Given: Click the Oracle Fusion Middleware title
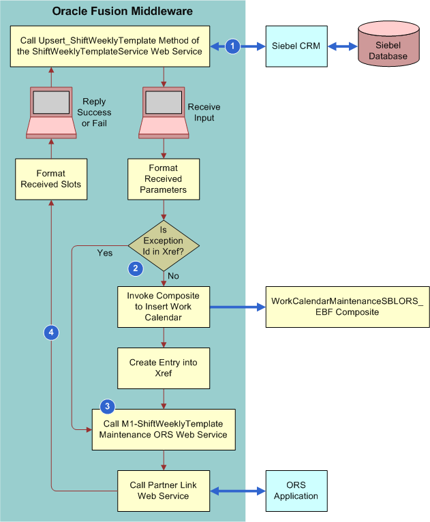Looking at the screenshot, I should tap(123, 11).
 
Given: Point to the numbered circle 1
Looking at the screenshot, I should tap(233, 46).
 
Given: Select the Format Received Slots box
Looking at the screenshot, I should tap(52, 179).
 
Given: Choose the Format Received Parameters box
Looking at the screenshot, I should tap(163, 179).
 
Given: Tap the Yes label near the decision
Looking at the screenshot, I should tap(105, 253).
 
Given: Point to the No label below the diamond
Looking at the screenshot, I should tap(173, 276).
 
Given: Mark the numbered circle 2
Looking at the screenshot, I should tap(136, 268).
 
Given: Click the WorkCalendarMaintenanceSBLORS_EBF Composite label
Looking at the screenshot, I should tap(347, 307).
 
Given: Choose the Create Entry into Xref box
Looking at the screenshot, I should tap(163, 368).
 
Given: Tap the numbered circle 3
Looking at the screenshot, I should tap(107, 407).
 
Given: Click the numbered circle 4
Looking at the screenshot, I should tap(52, 333).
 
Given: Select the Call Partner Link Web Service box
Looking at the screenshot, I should tap(163, 491).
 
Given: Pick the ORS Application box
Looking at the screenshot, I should tap(296, 491).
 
